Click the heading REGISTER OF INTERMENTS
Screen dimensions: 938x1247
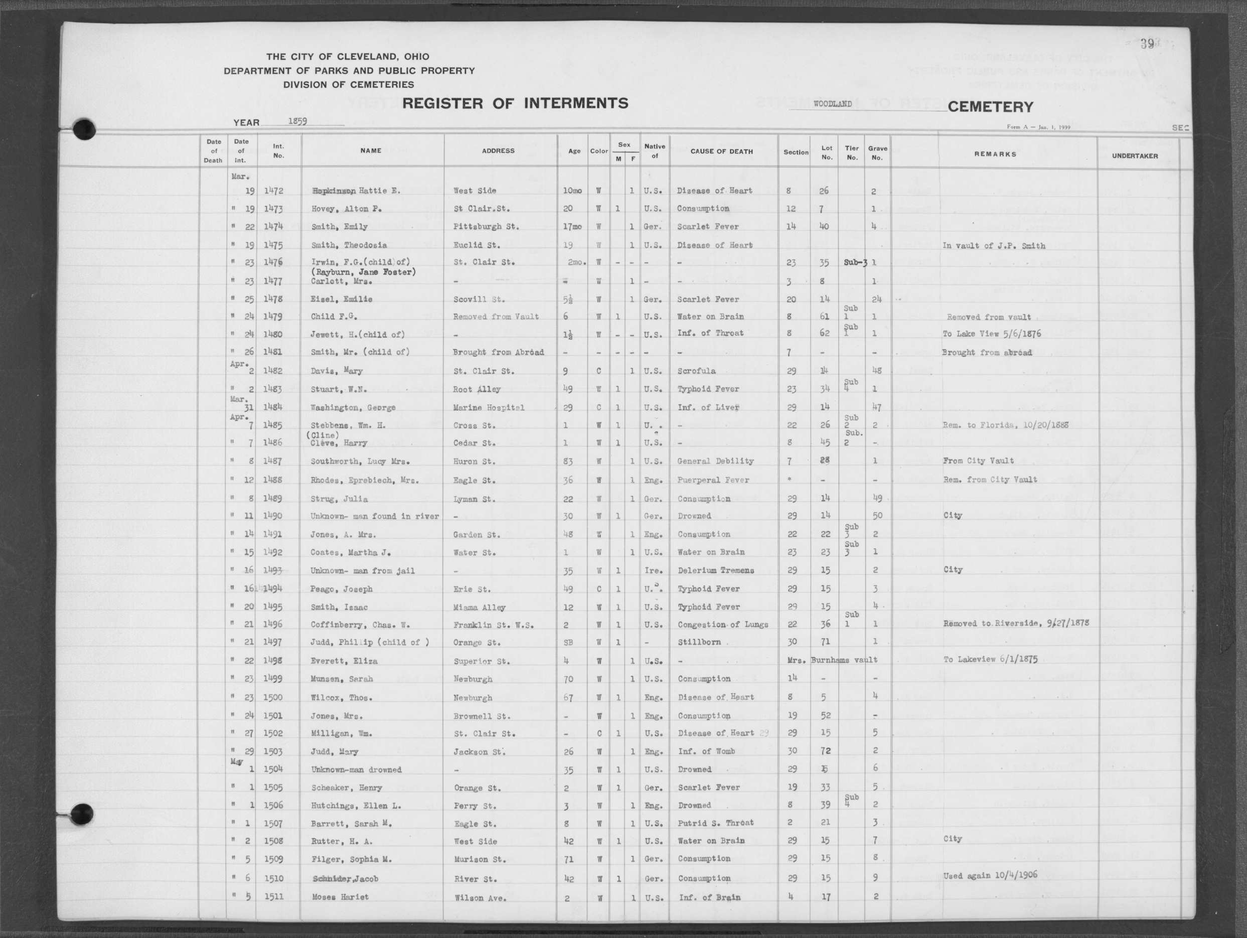click(x=515, y=103)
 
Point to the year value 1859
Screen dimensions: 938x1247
click(x=297, y=120)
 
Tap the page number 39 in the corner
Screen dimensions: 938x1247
click(x=1147, y=44)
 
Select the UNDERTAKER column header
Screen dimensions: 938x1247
click(x=1134, y=155)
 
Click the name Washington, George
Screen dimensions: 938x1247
click(x=353, y=407)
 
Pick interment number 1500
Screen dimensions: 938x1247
click(x=273, y=697)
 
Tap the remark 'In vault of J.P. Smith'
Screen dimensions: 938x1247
click(x=993, y=246)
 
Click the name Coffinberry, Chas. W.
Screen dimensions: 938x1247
click(x=360, y=624)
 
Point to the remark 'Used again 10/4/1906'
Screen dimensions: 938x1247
click(x=990, y=875)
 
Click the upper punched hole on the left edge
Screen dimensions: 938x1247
click(x=84, y=129)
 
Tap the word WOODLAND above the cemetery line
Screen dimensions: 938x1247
click(x=832, y=104)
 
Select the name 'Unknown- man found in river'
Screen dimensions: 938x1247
click(x=374, y=516)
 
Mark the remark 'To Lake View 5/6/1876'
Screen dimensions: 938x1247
click(x=991, y=334)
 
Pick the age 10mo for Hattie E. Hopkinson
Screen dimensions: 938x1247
click(x=572, y=191)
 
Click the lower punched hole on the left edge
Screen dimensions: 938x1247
click(x=82, y=814)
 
